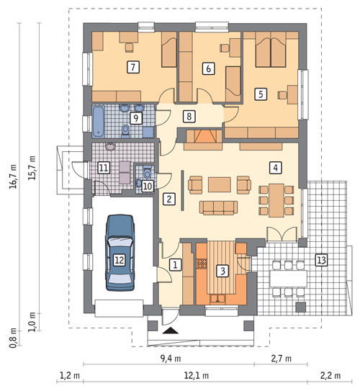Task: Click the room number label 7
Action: [133, 67]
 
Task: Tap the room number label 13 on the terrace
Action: [321, 260]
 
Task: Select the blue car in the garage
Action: [120, 253]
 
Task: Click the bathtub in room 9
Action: [99, 122]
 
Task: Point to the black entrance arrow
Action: [170, 331]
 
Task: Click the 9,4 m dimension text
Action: [171, 359]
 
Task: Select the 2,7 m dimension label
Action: [281, 359]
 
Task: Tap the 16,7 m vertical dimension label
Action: [13, 176]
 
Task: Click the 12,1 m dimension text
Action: [197, 375]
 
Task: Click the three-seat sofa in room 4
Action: [219, 207]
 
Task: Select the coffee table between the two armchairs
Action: [220, 184]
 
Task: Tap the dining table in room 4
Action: [276, 200]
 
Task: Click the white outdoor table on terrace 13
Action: [289, 279]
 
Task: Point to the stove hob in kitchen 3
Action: [202, 264]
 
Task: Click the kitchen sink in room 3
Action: [217, 299]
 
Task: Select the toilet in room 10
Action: [148, 171]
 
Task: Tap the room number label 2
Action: [169, 199]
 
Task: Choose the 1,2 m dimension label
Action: [70, 375]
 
